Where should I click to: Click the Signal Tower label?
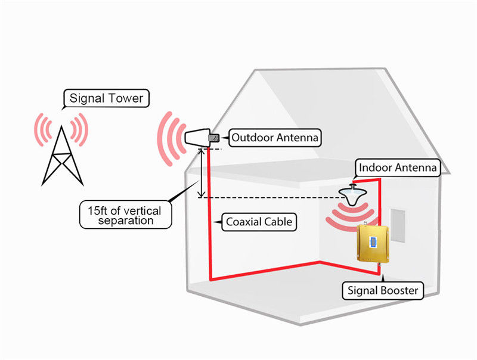[107, 98]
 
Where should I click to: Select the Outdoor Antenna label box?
[275, 138]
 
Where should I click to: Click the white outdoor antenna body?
[197, 138]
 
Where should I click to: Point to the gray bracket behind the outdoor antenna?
[214, 138]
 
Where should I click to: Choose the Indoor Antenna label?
[398, 167]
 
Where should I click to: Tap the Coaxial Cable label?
[259, 222]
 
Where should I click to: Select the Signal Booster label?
[383, 291]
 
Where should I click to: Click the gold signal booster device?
[373, 244]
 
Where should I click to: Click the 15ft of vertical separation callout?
[126, 215]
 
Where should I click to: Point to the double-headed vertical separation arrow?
[201, 173]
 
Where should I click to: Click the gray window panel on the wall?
[398, 226]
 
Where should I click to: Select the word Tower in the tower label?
[126, 98]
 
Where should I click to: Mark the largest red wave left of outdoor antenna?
[164, 139]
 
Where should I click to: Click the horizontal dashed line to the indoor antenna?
[272, 198]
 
